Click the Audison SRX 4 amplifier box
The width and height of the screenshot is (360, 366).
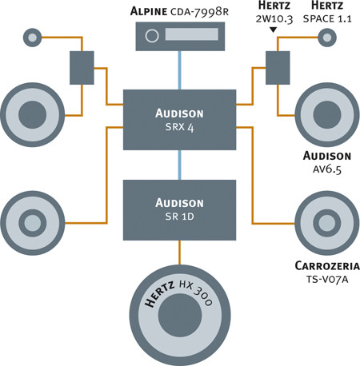click(x=179, y=120)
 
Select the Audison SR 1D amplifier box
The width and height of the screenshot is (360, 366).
click(x=179, y=210)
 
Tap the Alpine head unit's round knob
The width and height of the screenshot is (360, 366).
click(x=152, y=36)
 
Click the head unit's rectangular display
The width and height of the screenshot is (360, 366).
click(x=192, y=34)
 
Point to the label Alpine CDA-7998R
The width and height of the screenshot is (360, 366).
click(x=179, y=12)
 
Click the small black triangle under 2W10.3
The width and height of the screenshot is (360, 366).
click(x=273, y=30)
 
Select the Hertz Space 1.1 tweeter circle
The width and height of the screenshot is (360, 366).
click(x=327, y=38)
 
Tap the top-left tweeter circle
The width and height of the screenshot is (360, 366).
click(x=33, y=38)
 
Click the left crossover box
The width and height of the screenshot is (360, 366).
click(x=82, y=68)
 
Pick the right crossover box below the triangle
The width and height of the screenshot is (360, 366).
click(x=278, y=68)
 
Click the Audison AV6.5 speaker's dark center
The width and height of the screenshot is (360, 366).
click(x=327, y=115)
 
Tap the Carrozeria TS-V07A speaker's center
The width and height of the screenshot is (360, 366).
click(x=327, y=223)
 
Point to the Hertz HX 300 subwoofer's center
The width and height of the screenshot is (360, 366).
click(x=180, y=315)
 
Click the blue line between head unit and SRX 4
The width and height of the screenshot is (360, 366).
click(x=180, y=70)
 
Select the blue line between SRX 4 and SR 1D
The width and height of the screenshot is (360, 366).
click(x=180, y=165)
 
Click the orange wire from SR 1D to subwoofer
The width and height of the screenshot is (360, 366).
click(x=180, y=253)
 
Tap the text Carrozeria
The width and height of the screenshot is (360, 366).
click(x=327, y=266)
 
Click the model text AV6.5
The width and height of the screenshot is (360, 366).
click(x=327, y=169)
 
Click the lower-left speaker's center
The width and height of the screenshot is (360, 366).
click(x=33, y=223)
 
